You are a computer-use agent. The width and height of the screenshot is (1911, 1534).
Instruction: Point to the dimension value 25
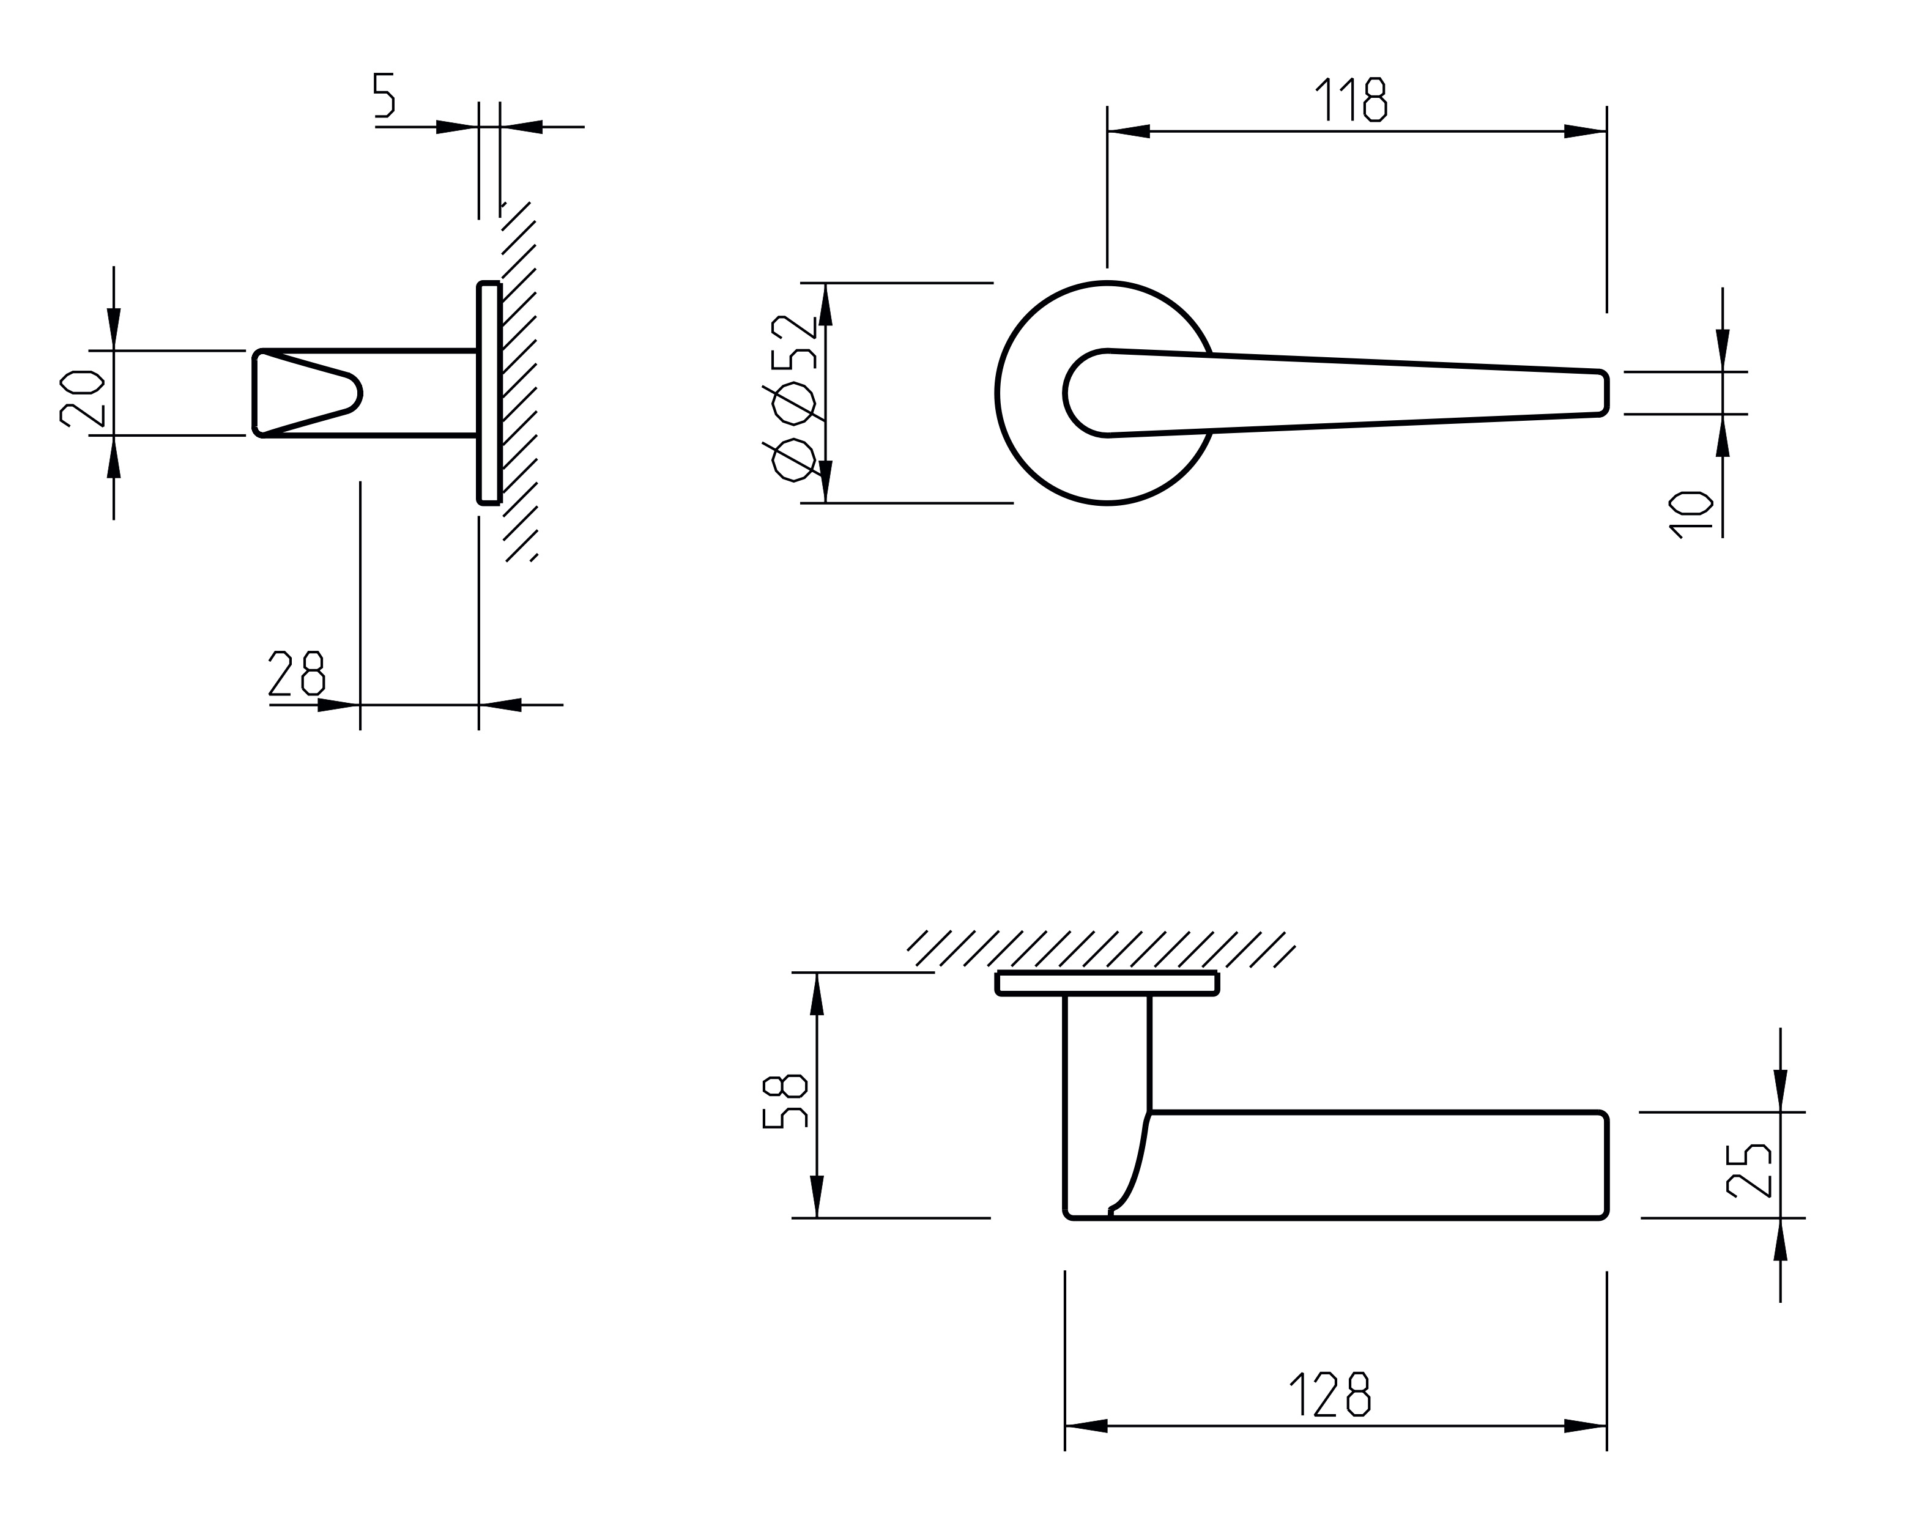click(1750, 1171)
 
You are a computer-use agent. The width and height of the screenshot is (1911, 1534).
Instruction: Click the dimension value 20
click(83, 398)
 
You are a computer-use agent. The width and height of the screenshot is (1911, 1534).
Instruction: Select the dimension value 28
click(296, 673)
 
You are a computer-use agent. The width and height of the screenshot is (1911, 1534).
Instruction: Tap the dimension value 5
click(383, 95)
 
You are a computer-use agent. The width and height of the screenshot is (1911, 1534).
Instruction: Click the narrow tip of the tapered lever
click(1607, 393)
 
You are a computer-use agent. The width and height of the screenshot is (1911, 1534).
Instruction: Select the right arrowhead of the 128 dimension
click(1586, 1426)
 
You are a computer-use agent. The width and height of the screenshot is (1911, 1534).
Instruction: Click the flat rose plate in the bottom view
click(1108, 984)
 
